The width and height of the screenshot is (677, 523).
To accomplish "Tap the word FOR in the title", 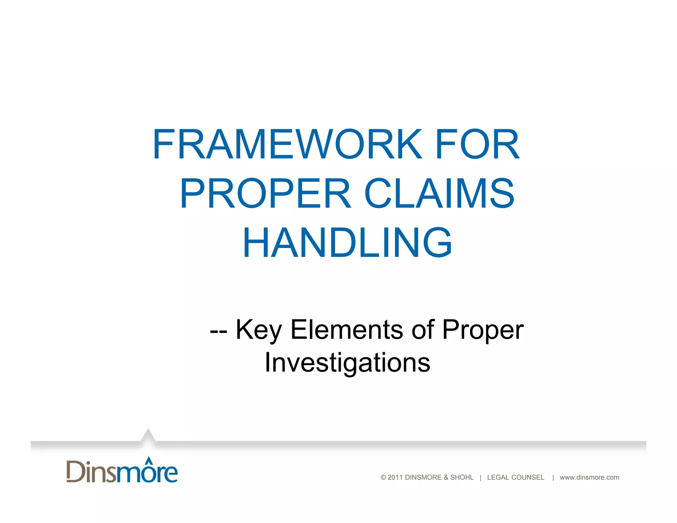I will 477,144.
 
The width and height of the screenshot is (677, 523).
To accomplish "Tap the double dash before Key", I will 219,331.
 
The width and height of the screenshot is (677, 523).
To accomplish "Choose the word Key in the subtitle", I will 259,330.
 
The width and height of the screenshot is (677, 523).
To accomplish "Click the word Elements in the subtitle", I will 346,330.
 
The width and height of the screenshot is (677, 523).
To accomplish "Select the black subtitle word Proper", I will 483,330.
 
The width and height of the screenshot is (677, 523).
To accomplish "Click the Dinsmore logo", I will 122,470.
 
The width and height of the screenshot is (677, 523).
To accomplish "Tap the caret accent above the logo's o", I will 149,459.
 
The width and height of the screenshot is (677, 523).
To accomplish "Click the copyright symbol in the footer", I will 383,477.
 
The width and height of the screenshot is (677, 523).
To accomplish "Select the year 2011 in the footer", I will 395,477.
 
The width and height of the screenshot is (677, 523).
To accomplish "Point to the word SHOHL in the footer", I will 462,477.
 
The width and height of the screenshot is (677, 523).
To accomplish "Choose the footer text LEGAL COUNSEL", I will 515,477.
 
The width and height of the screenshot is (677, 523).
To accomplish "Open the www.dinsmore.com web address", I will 589,477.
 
